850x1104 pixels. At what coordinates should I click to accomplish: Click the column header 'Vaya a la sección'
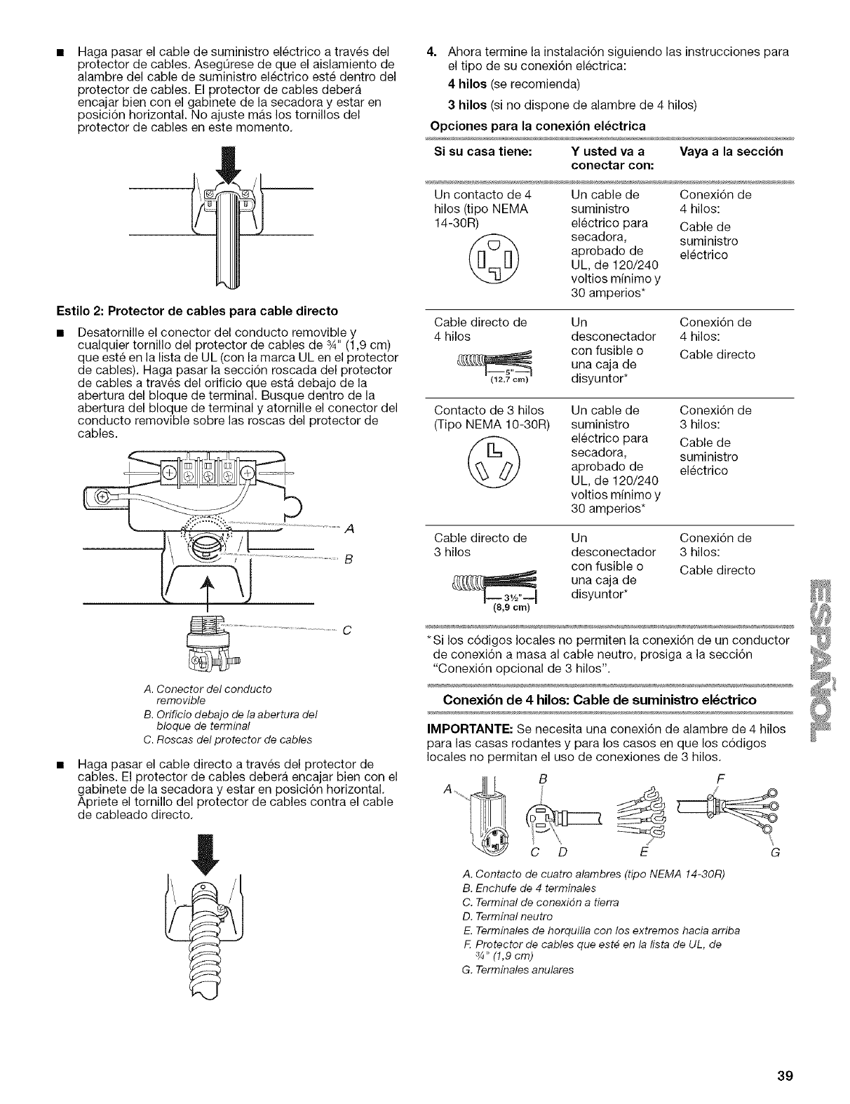point(731,152)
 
